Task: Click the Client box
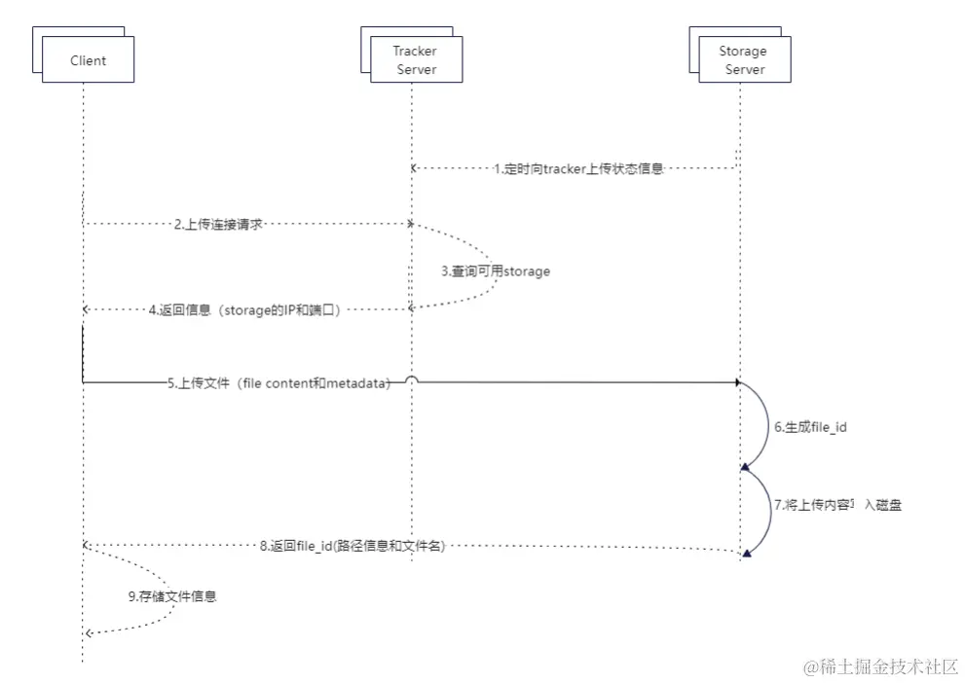[x=88, y=60]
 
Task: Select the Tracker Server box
[x=416, y=60]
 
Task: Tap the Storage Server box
[x=744, y=60]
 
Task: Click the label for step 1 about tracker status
[x=577, y=168]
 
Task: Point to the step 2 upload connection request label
[x=219, y=224]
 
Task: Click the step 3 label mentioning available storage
[x=496, y=271]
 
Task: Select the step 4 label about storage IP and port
[x=244, y=310]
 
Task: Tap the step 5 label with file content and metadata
[x=278, y=383]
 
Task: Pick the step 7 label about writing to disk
[x=831, y=506]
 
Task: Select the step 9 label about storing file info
[x=172, y=596]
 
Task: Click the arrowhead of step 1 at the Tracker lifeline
[x=414, y=168]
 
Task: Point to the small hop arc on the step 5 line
[x=412, y=379]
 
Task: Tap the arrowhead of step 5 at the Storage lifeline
[x=738, y=383]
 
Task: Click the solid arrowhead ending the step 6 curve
[x=746, y=468]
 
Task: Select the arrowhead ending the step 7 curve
[x=746, y=554]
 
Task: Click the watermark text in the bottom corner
[x=880, y=667]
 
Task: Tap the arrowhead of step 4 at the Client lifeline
[x=87, y=309]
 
